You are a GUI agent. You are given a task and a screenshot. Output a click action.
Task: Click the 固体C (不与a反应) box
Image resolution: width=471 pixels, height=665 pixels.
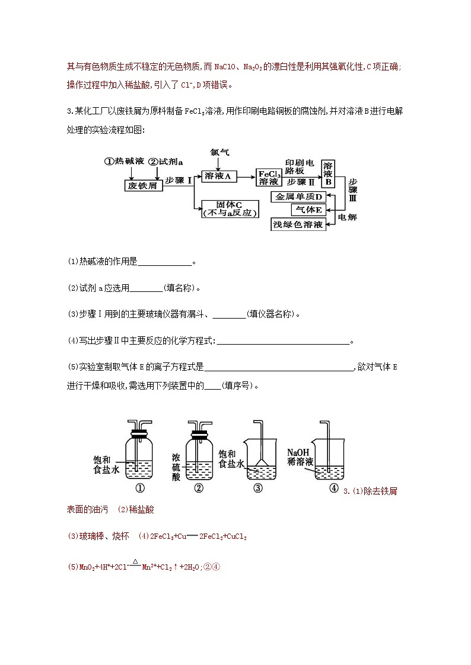point(230,208)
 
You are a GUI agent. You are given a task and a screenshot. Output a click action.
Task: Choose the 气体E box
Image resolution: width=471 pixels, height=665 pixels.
point(308,210)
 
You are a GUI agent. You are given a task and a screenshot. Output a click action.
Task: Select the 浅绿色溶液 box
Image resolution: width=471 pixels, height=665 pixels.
point(299,224)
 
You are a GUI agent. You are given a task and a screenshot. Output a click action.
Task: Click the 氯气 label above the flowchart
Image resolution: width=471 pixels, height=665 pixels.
point(219,152)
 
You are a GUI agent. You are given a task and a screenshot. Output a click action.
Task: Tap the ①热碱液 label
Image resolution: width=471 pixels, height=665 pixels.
point(124,161)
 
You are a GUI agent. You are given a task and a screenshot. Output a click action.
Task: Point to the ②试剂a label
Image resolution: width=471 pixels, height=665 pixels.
point(166,161)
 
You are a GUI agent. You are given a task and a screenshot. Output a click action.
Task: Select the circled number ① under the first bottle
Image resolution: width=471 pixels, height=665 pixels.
point(140,488)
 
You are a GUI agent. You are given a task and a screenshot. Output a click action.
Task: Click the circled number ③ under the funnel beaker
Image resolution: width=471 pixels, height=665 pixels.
point(258,488)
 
